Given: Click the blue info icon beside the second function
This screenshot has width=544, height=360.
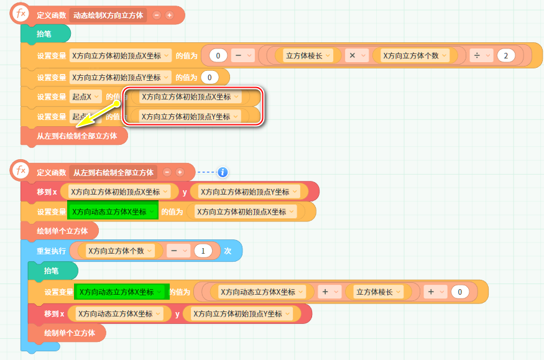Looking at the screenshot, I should pos(223,172).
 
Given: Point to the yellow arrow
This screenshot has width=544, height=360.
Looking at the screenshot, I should pos(102,115).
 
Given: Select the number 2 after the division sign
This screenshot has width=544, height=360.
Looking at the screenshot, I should pos(506,56).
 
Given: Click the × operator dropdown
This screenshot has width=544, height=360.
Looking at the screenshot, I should pos(356,56).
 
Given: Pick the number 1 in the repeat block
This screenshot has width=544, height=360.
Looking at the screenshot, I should pos(203,251).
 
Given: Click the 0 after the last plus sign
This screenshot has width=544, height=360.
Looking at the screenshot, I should pos(459,292).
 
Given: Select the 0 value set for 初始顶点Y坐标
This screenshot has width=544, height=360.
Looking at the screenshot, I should pos(210,77).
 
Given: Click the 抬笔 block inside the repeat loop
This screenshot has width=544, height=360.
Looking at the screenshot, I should pos(52,271).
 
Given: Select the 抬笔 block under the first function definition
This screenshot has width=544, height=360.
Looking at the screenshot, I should pos(45,34).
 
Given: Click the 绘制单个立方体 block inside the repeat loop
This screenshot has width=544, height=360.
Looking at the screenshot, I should pos(69,333).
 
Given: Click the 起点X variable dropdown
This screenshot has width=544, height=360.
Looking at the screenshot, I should pos(85,97).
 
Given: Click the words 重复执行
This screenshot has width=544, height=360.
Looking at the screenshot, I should pos(51,251).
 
